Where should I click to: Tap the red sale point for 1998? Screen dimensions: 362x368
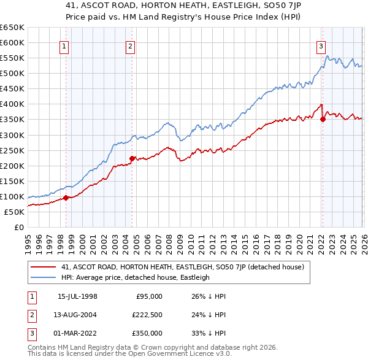click(66, 198)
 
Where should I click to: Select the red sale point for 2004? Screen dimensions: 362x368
click(131, 158)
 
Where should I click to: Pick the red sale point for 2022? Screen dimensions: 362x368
click(323, 119)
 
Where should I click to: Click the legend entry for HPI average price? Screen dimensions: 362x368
click(135, 277)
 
